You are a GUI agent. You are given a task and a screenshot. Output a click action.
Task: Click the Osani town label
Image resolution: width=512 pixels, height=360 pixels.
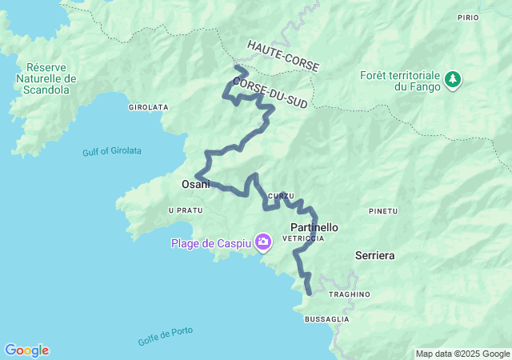click(196, 184)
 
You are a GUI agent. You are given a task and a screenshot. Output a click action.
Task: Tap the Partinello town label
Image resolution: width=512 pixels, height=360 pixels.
click(308, 227)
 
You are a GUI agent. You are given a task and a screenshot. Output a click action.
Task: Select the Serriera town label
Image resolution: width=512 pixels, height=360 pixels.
click(375, 256)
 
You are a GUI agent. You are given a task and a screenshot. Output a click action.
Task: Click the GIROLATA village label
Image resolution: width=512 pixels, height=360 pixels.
click(148, 106)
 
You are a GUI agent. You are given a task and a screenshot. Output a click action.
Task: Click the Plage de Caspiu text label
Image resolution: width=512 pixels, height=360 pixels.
click(210, 242)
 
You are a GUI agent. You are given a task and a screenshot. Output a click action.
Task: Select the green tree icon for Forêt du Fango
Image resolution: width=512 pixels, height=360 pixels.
click(454, 78)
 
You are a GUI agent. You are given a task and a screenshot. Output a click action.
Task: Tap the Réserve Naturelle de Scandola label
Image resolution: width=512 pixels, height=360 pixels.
click(50, 78)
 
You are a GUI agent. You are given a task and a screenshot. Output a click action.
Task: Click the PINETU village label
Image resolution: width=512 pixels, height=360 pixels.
click(382, 211)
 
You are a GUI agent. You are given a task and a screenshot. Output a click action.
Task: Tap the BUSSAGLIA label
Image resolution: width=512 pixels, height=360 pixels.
click(326, 319)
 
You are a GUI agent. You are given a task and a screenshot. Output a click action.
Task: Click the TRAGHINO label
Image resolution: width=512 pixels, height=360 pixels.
click(349, 294)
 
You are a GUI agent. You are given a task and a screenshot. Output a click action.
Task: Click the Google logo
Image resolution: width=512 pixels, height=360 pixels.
click(26, 350)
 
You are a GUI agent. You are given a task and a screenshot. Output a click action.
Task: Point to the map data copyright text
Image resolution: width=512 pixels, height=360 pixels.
click(462, 354)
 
